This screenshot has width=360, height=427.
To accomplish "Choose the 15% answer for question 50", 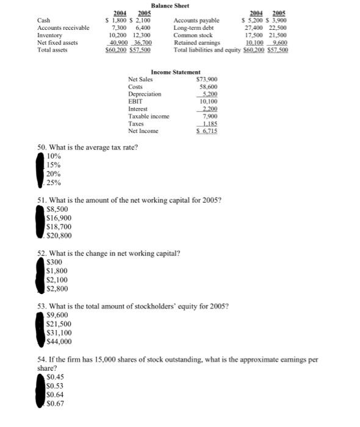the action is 54,165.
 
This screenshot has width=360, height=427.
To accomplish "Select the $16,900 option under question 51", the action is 59,218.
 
